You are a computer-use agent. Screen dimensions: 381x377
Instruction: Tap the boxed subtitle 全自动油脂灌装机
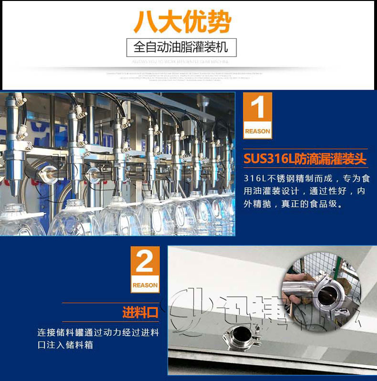tap(181, 47)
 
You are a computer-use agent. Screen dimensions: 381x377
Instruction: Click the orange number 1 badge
tap(257, 110)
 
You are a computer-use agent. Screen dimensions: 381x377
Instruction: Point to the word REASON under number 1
tap(257, 131)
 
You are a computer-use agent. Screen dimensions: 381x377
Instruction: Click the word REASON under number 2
tap(145, 285)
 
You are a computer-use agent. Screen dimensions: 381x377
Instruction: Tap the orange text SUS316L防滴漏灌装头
tap(305, 158)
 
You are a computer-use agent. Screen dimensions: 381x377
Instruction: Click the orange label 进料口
tap(140, 313)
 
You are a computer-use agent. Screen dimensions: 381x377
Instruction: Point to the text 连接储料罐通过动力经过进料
tap(98, 332)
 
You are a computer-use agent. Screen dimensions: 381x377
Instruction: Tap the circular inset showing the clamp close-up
tap(320, 291)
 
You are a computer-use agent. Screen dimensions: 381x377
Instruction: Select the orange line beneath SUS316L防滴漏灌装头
tap(305, 167)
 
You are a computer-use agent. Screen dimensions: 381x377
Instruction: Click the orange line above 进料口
tap(110, 303)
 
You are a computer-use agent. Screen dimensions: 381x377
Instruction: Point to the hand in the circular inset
tap(296, 281)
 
